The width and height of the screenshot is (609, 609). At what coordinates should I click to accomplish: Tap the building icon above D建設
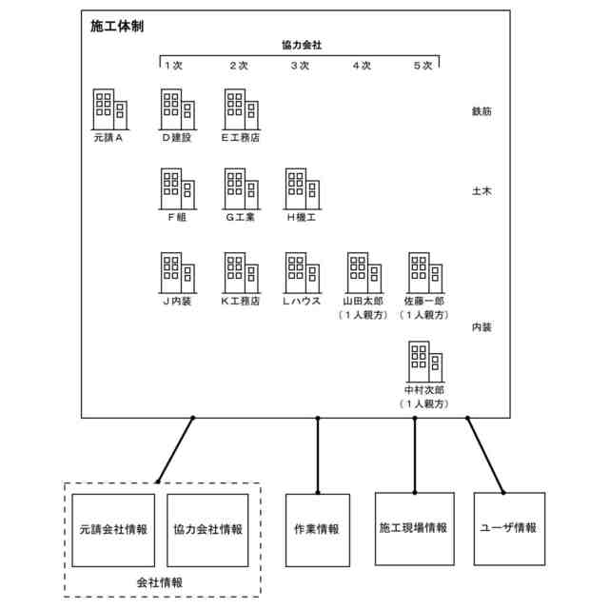pos(177,109)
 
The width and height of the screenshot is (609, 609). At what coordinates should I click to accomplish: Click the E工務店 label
pos(240,138)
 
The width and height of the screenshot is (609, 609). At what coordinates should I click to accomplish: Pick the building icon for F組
pos(177,189)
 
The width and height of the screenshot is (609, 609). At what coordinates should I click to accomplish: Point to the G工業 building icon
pos(240,189)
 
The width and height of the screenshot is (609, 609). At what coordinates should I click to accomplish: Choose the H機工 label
pos(302,218)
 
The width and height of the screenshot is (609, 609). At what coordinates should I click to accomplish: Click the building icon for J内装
pos(177,272)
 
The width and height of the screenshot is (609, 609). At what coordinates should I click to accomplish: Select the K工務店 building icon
pos(240,272)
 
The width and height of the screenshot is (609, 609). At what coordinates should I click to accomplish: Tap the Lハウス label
pos(302,301)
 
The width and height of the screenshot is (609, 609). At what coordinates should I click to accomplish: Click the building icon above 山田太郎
pos(363,272)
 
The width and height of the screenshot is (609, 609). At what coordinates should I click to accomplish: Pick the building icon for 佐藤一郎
pos(425,272)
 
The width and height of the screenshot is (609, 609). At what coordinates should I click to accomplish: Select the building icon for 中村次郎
pos(425,361)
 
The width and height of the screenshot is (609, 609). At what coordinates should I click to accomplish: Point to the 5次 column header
pos(423,66)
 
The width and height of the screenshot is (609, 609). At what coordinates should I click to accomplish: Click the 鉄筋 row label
pos(481,111)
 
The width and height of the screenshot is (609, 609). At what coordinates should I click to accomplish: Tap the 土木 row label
pos(481,191)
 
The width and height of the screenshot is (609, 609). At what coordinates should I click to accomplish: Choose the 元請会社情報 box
pos(114,529)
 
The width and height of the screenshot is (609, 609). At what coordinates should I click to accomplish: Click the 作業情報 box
pos(318,529)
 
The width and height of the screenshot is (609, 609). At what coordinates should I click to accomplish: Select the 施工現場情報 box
pos(413,527)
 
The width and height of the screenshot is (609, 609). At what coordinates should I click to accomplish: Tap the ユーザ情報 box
pos(509,527)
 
